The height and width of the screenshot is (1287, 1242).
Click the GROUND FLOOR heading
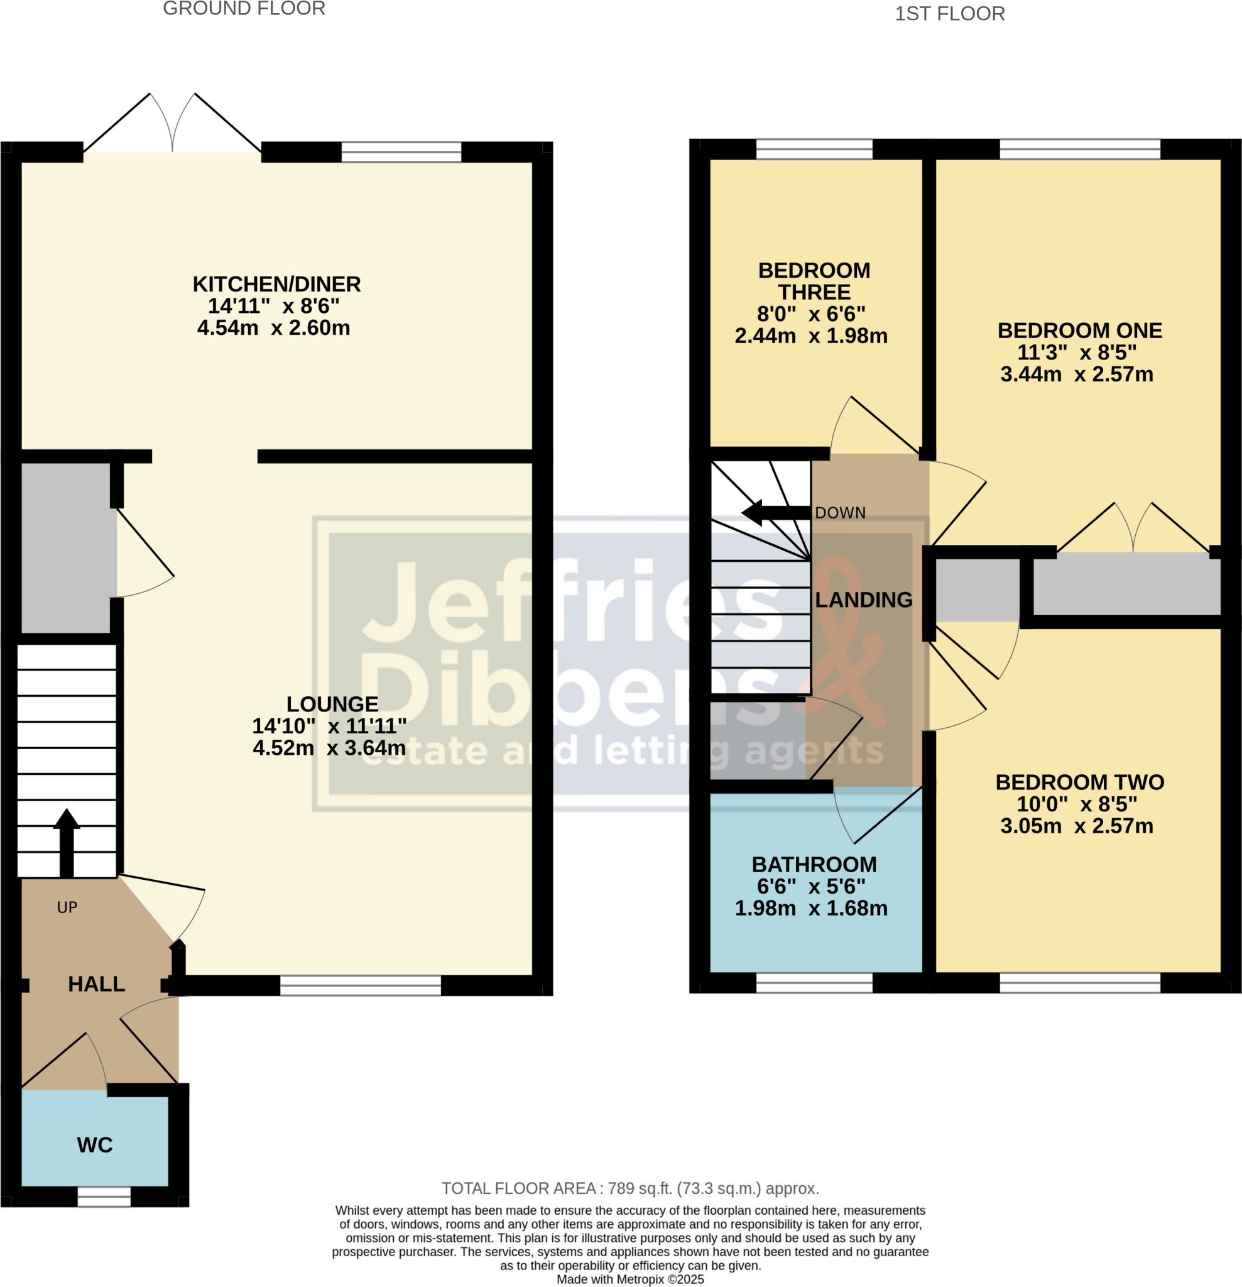(x=244, y=9)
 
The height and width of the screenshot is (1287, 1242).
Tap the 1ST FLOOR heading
(x=949, y=14)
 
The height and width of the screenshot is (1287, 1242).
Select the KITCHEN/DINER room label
(x=276, y=284)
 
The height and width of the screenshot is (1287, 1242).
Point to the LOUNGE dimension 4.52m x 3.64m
(x=329, y=747)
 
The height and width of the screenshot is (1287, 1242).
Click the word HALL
(x=97, y=983)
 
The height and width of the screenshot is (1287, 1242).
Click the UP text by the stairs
(x=67, y=907)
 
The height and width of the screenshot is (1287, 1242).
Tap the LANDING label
(x=863, y=600)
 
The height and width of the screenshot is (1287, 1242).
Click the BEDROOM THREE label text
(x=814, y=281)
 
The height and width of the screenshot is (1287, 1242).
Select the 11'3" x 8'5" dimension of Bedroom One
(x=1076, y=353)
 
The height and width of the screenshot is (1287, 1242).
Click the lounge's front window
(x=361, y=985)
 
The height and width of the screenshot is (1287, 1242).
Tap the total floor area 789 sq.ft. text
(x=629, y=1188)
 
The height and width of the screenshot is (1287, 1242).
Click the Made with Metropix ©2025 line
(x=629, y=1279)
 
